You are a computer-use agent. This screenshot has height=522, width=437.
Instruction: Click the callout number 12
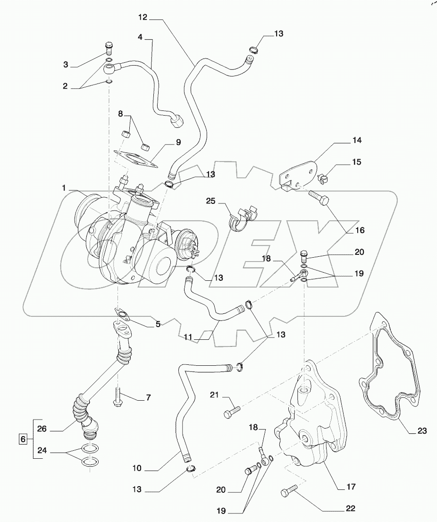(143, 17)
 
